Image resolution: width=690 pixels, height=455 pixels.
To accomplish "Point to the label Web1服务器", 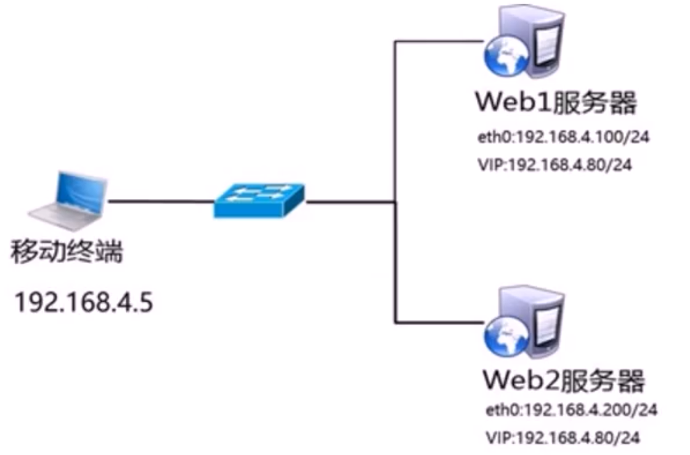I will pos(554,103).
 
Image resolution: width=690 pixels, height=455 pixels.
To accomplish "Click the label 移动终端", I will pos(68,252).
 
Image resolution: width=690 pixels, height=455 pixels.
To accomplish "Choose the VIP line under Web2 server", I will pos(562,438).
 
